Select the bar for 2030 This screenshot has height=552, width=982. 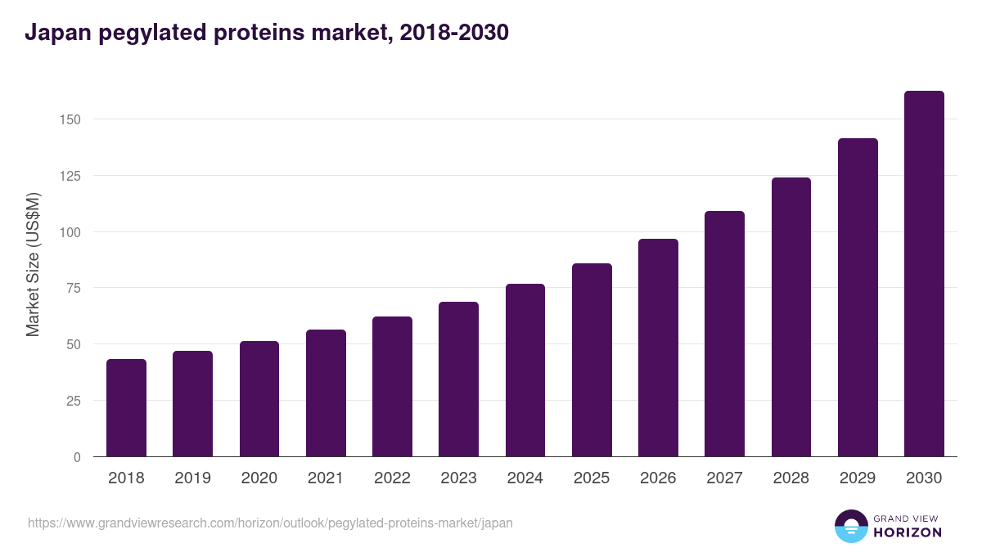coord(924,273)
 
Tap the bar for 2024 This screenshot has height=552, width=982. coord(525,370)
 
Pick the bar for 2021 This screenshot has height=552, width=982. coord(326,393)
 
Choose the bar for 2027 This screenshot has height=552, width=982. coord(724,334)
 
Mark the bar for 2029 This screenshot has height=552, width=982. coord(858,297)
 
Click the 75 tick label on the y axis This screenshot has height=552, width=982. coord(74,288)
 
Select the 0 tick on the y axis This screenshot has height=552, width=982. coord(77,457)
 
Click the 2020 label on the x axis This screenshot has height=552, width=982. coord(259,478)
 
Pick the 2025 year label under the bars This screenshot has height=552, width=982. coord(591,478)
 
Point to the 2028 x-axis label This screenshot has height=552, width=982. coord(791,478)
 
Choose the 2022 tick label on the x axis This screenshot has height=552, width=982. coord(392,478)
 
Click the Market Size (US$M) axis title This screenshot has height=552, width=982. coord(33,264)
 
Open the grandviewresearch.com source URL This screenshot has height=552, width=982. coord(270,523)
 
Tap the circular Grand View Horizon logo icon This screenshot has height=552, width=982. coord(851,526)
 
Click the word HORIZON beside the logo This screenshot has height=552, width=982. coord(908,532)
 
